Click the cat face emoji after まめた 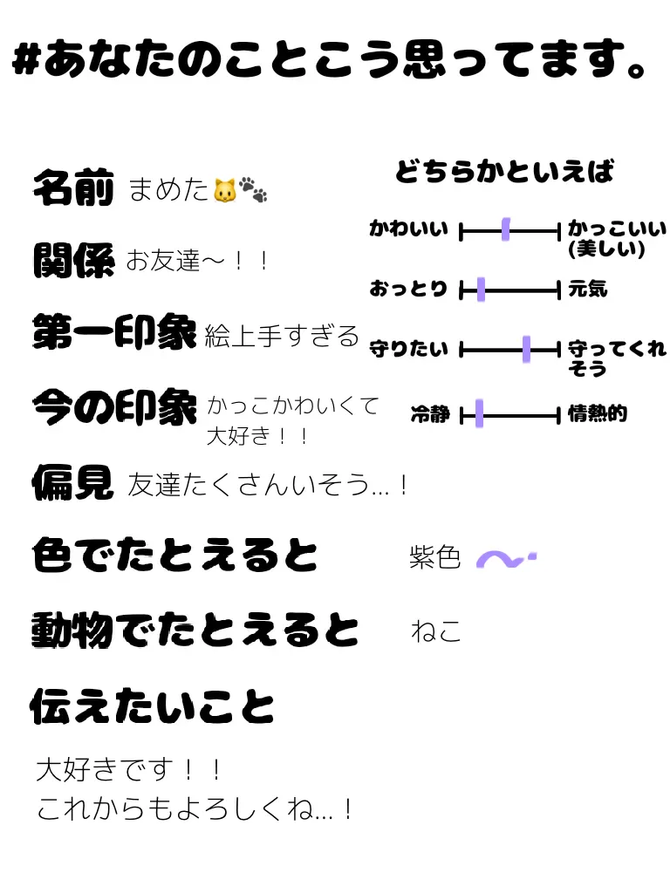(x=224, y=189)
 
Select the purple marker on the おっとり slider (x=481, y=290)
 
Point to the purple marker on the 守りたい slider (x=526, y=350)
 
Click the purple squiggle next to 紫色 (x=505, y=558)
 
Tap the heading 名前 (x=73, y=187)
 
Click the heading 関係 (x=73, y=259)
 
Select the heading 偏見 (x=73, y=481)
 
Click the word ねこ (x=435, y=631)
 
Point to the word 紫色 (x=434, y=557)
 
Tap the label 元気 (x=588, y=289)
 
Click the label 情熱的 (x=598, y=413)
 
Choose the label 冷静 (x=430, y=414)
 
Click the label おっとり (x=408, y=289)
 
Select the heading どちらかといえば (x=504, y=172)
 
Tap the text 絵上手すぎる (x=282, y=336)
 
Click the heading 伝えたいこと (x=153, y=706)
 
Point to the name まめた (x=168, y=189)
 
